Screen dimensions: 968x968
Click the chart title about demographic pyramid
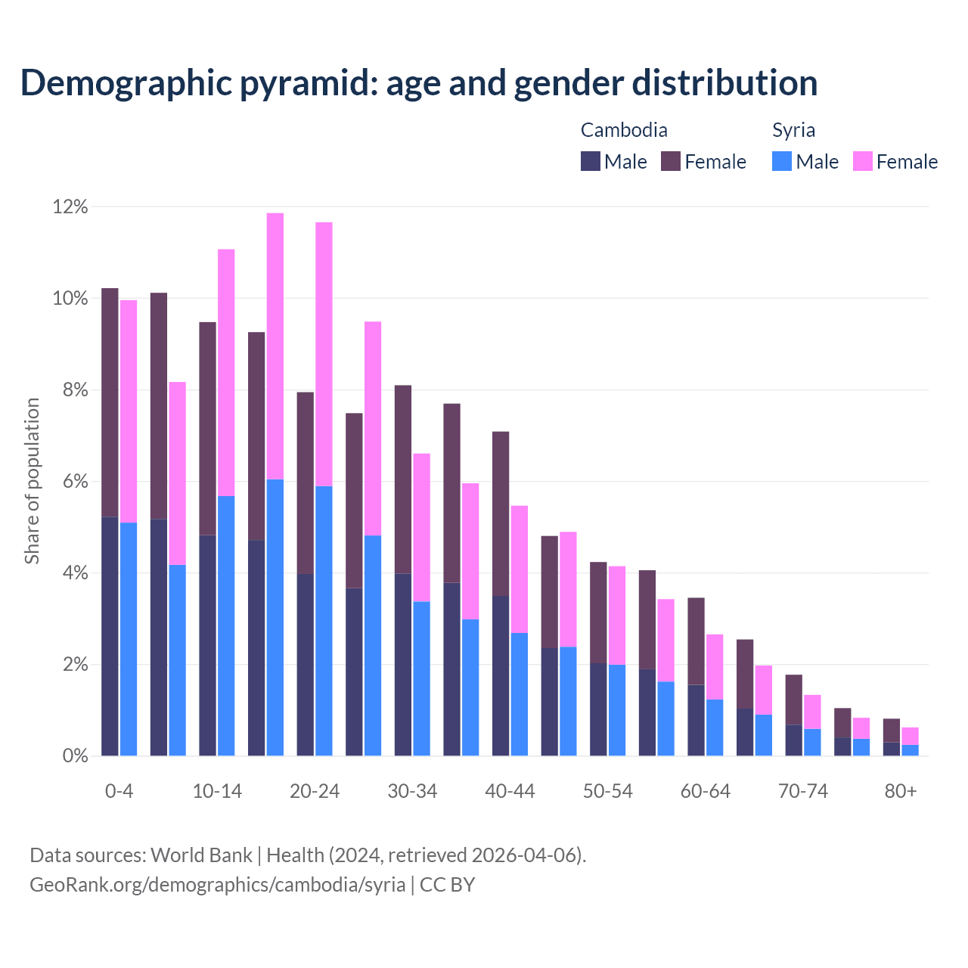[x=419, y=83]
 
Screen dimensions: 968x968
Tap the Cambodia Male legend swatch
[x=591, y=161]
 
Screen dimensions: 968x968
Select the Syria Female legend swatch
[x=862, y=161]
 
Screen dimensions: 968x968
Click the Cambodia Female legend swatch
[x=671, y=161]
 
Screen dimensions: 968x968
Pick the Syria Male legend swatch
[x=782, y=161]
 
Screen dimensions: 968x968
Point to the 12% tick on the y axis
[x=70, y=206]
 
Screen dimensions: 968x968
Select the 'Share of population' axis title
[x=32, y=481]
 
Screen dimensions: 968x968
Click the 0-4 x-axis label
[x=119, y=791]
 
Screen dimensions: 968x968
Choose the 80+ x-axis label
[x=901, y=791]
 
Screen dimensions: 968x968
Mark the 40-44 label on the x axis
[x=510, y=791]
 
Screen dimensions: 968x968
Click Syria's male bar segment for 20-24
[x=324, y=620]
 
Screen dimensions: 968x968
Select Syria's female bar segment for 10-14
[x=226, y=372]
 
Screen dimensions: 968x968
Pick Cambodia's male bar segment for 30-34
[x=403, y=665]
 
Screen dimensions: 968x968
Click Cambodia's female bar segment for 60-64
[x=696, y=641]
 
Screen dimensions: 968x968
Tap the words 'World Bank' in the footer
[x=201, y=855]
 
